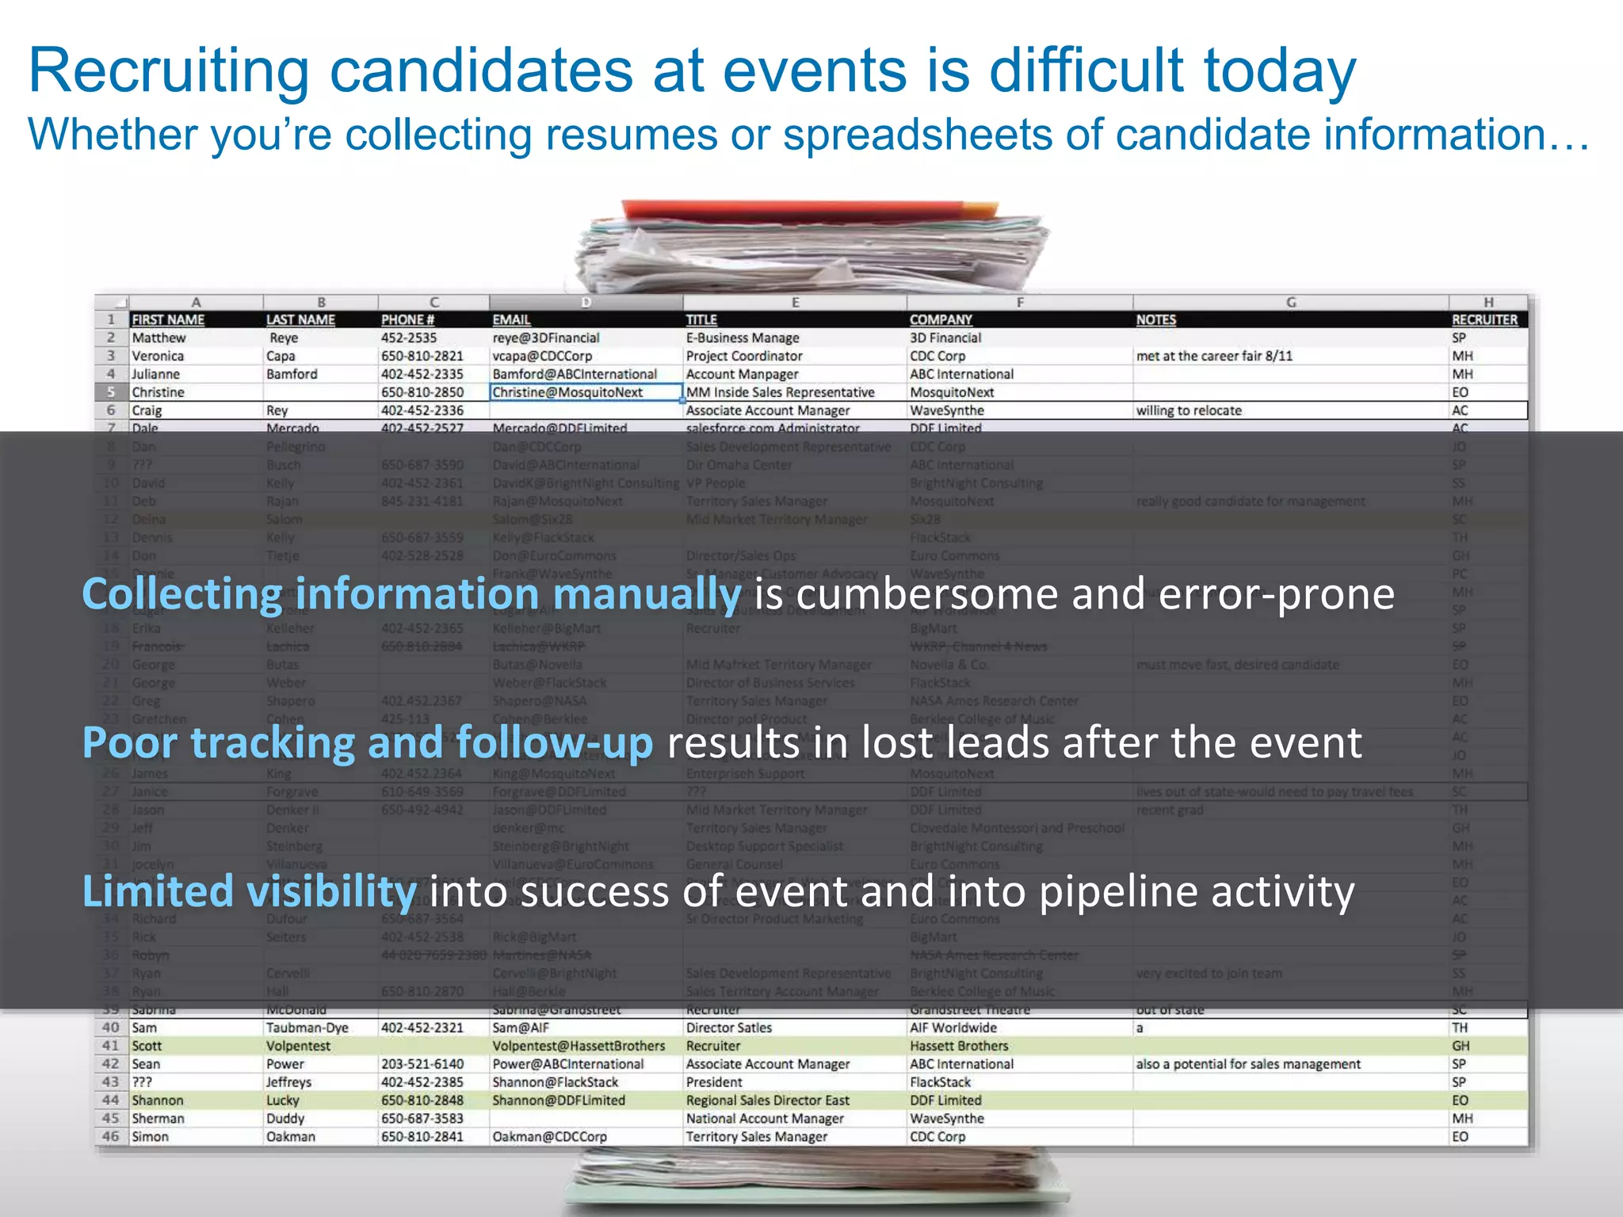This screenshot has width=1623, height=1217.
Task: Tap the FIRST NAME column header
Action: point(168,320)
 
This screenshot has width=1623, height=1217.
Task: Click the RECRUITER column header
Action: point(1484,320)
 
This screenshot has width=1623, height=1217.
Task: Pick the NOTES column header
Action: point(1155,320)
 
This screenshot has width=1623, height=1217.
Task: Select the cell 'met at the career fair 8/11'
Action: point(1213,357)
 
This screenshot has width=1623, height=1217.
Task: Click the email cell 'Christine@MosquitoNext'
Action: point(567,393)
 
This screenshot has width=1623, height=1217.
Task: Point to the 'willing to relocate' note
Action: point(1188,411)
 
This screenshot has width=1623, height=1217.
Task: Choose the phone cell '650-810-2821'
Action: point(422,357)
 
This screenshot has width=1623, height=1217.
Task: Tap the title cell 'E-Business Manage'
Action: point(742,338)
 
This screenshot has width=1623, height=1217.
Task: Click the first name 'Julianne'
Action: point(155,375)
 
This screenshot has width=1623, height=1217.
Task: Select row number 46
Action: point(111,1137)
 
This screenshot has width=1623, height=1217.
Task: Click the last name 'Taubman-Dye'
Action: point(307,1028)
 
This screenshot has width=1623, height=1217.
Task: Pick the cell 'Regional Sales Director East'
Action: point(767,1101)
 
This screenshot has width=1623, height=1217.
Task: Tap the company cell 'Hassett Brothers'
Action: point(959,1047)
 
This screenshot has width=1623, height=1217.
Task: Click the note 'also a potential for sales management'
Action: point(1247,1065)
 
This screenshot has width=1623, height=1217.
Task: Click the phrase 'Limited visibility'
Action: point(249,891)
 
